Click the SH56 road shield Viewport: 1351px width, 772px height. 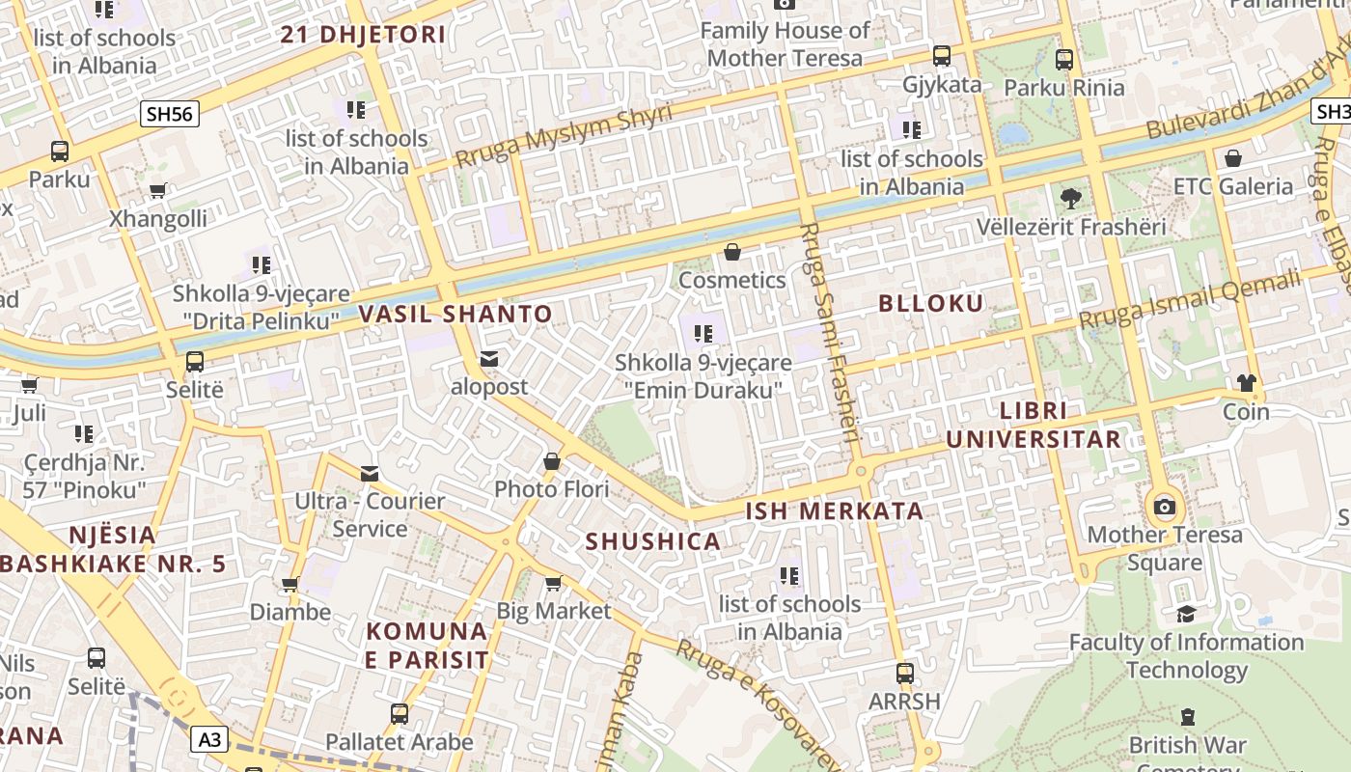pos(171,114)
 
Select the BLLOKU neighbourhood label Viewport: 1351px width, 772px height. pos(930,303)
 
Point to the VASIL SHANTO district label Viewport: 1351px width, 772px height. pos(455,314)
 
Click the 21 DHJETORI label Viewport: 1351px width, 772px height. pos(363,35)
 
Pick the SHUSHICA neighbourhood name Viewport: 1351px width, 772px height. pos(653,541)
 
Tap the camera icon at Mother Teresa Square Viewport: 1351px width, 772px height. pos(1165,507)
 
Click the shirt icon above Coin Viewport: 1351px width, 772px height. pos(1246,383)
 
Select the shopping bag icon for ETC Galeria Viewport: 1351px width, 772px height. pos(1232,158)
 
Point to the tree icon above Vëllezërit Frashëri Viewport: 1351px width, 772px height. pos(1070,199)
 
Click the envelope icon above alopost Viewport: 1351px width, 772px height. pos(489,359)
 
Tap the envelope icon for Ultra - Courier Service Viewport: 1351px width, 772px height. pos(370,473)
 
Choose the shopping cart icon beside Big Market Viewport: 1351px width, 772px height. pos(553,583)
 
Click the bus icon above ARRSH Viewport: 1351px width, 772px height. pos(904,673)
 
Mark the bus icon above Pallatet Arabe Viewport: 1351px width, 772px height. pos(400,714)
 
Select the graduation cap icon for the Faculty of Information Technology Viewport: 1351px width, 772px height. pos(1186,614)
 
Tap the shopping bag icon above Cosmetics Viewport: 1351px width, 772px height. pos(732,252)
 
